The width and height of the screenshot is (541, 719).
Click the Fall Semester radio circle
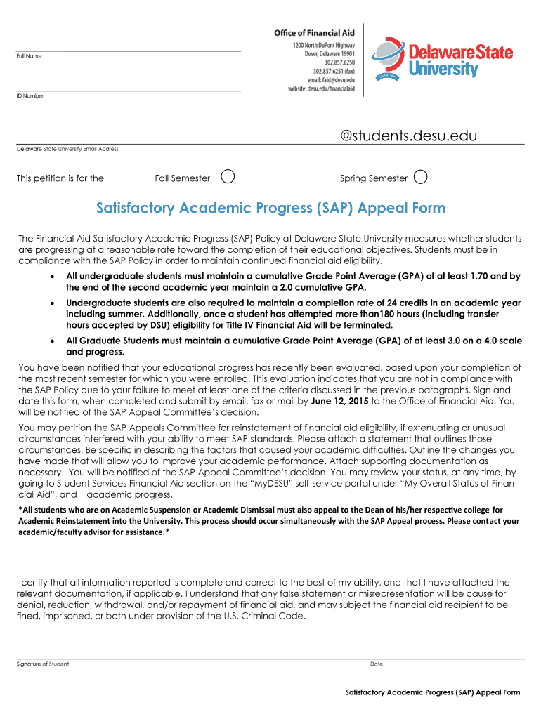pos(227,177)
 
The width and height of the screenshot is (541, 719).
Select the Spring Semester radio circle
pos(420,177)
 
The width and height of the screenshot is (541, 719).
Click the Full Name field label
pos(29,56)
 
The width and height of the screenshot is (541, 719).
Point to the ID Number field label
pos(30,95)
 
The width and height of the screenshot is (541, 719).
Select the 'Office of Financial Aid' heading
pos(314,32)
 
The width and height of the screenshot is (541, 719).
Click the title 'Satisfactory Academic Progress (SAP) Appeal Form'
pos(270,208)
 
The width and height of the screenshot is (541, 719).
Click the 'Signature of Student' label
pos(43,664)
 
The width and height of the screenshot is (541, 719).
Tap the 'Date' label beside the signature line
pos(376,664)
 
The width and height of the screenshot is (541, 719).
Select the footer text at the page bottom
pos(432,692)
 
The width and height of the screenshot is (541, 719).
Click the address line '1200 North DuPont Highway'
pos(324,44)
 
